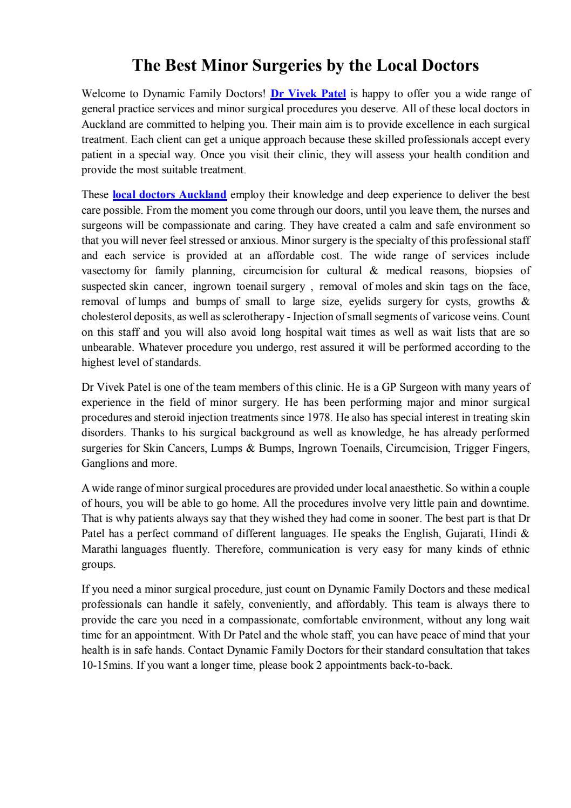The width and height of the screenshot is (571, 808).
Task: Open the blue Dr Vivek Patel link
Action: pyautogui.click(x=308, y=94)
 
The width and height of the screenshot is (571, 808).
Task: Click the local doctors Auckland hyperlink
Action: pyautogui.click(x=169, y=195)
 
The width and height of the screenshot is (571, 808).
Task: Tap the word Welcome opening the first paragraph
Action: pyautogui.click(x=102, y=94)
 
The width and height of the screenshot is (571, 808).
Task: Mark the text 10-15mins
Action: pyautogui.click(x=106, y=666)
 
